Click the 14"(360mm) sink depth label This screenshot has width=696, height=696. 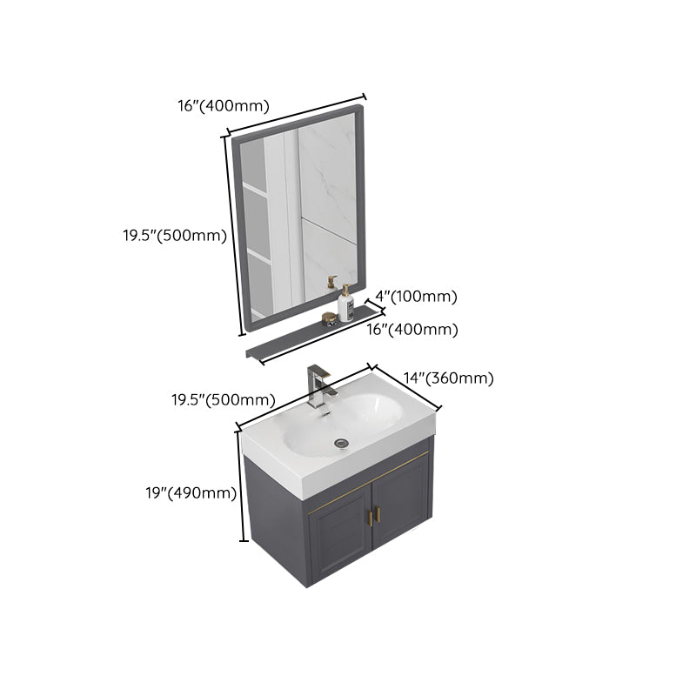[x=449, y=378]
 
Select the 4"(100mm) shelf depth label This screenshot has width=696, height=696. [x=411, y=297]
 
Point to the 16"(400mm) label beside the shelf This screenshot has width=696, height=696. [x=412, y=330]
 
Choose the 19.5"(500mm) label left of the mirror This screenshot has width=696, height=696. [x=175, y=235]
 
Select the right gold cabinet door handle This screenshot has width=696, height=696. [x=378, y=514]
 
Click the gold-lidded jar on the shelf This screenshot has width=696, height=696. [x=327, y=318]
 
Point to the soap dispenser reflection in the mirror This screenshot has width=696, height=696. [x=331, y=284]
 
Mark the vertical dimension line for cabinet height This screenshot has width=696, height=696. [x=241, y=488]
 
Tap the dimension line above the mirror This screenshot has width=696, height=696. [x=296, y=114]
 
